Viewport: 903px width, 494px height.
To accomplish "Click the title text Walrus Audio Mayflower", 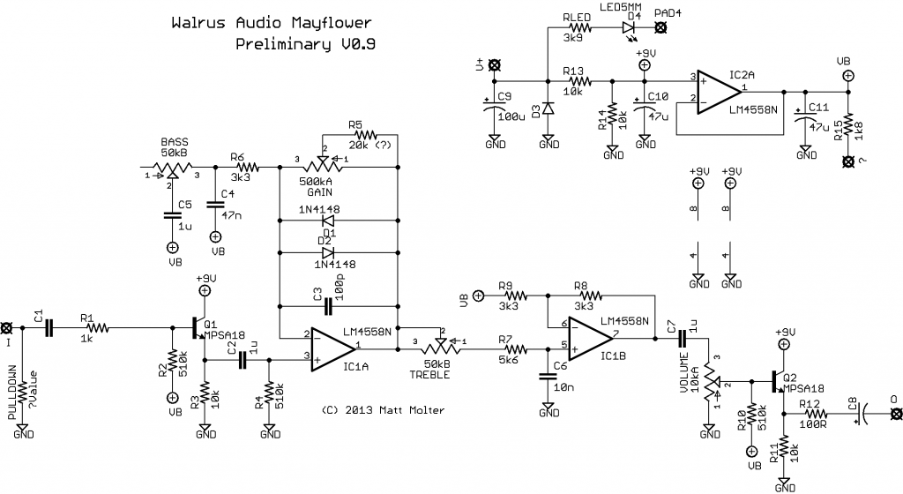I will pos(272,22).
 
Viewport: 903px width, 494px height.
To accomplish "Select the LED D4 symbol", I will pos(630,28).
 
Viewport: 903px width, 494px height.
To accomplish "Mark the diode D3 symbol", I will pos(548,109).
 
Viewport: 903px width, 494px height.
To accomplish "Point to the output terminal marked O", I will pos(894,413).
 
